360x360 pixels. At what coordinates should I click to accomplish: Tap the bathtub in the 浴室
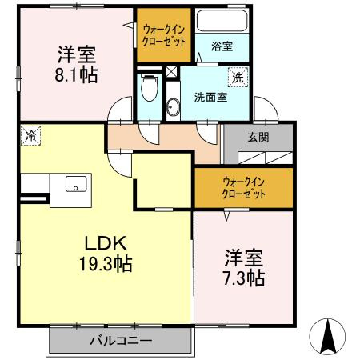(222, 21)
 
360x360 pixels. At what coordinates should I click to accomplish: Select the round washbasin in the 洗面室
(173, 107)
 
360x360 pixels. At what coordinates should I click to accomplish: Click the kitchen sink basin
(76, 184)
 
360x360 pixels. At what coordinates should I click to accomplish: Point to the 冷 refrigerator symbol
(30, 135)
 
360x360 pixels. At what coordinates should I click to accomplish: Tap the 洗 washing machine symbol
(238, 78)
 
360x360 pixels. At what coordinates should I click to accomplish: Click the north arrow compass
(327, 337)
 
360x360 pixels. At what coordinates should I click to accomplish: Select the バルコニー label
(121, 341)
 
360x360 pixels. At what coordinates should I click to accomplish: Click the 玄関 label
(258, 138)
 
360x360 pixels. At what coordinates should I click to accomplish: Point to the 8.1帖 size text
(76, 75)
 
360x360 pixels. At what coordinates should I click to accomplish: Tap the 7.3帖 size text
(244, 278)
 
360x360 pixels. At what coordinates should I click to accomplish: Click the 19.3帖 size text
(106, 263)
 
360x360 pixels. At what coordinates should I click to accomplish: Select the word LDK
(106, 243)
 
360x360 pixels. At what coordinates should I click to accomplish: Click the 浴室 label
(222, 46)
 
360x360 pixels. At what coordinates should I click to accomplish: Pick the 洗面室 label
(210, 98)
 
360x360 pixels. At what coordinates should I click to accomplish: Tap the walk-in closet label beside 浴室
(164, 35)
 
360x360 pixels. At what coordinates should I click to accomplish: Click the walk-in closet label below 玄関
(243, 188)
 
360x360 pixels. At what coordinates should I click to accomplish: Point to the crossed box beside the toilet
(171, 71)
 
